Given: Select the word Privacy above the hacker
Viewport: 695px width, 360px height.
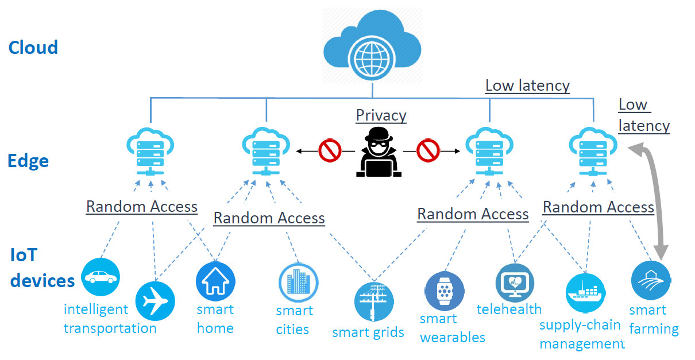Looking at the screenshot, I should [x=381, y=115].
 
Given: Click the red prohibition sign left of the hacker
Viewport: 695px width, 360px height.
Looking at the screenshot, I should [x=330, y=151].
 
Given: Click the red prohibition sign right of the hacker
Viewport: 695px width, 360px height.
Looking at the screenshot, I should [x=428, y=151].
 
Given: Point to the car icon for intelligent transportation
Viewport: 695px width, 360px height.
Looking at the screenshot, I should [x=101, y=277].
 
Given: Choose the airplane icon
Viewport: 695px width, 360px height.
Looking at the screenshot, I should [x=155, y=301].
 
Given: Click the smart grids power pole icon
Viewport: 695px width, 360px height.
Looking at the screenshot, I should [x=374, y=301].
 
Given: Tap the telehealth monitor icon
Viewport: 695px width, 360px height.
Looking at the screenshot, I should [x=515, y=282].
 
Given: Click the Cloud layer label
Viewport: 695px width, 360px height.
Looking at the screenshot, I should [x=33, y=47].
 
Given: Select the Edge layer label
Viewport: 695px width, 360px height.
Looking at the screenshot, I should [x=28, y=161].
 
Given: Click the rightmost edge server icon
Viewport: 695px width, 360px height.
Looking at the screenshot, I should [x=593, y=150].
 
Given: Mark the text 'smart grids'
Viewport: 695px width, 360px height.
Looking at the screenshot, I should [x=368, y=332].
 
